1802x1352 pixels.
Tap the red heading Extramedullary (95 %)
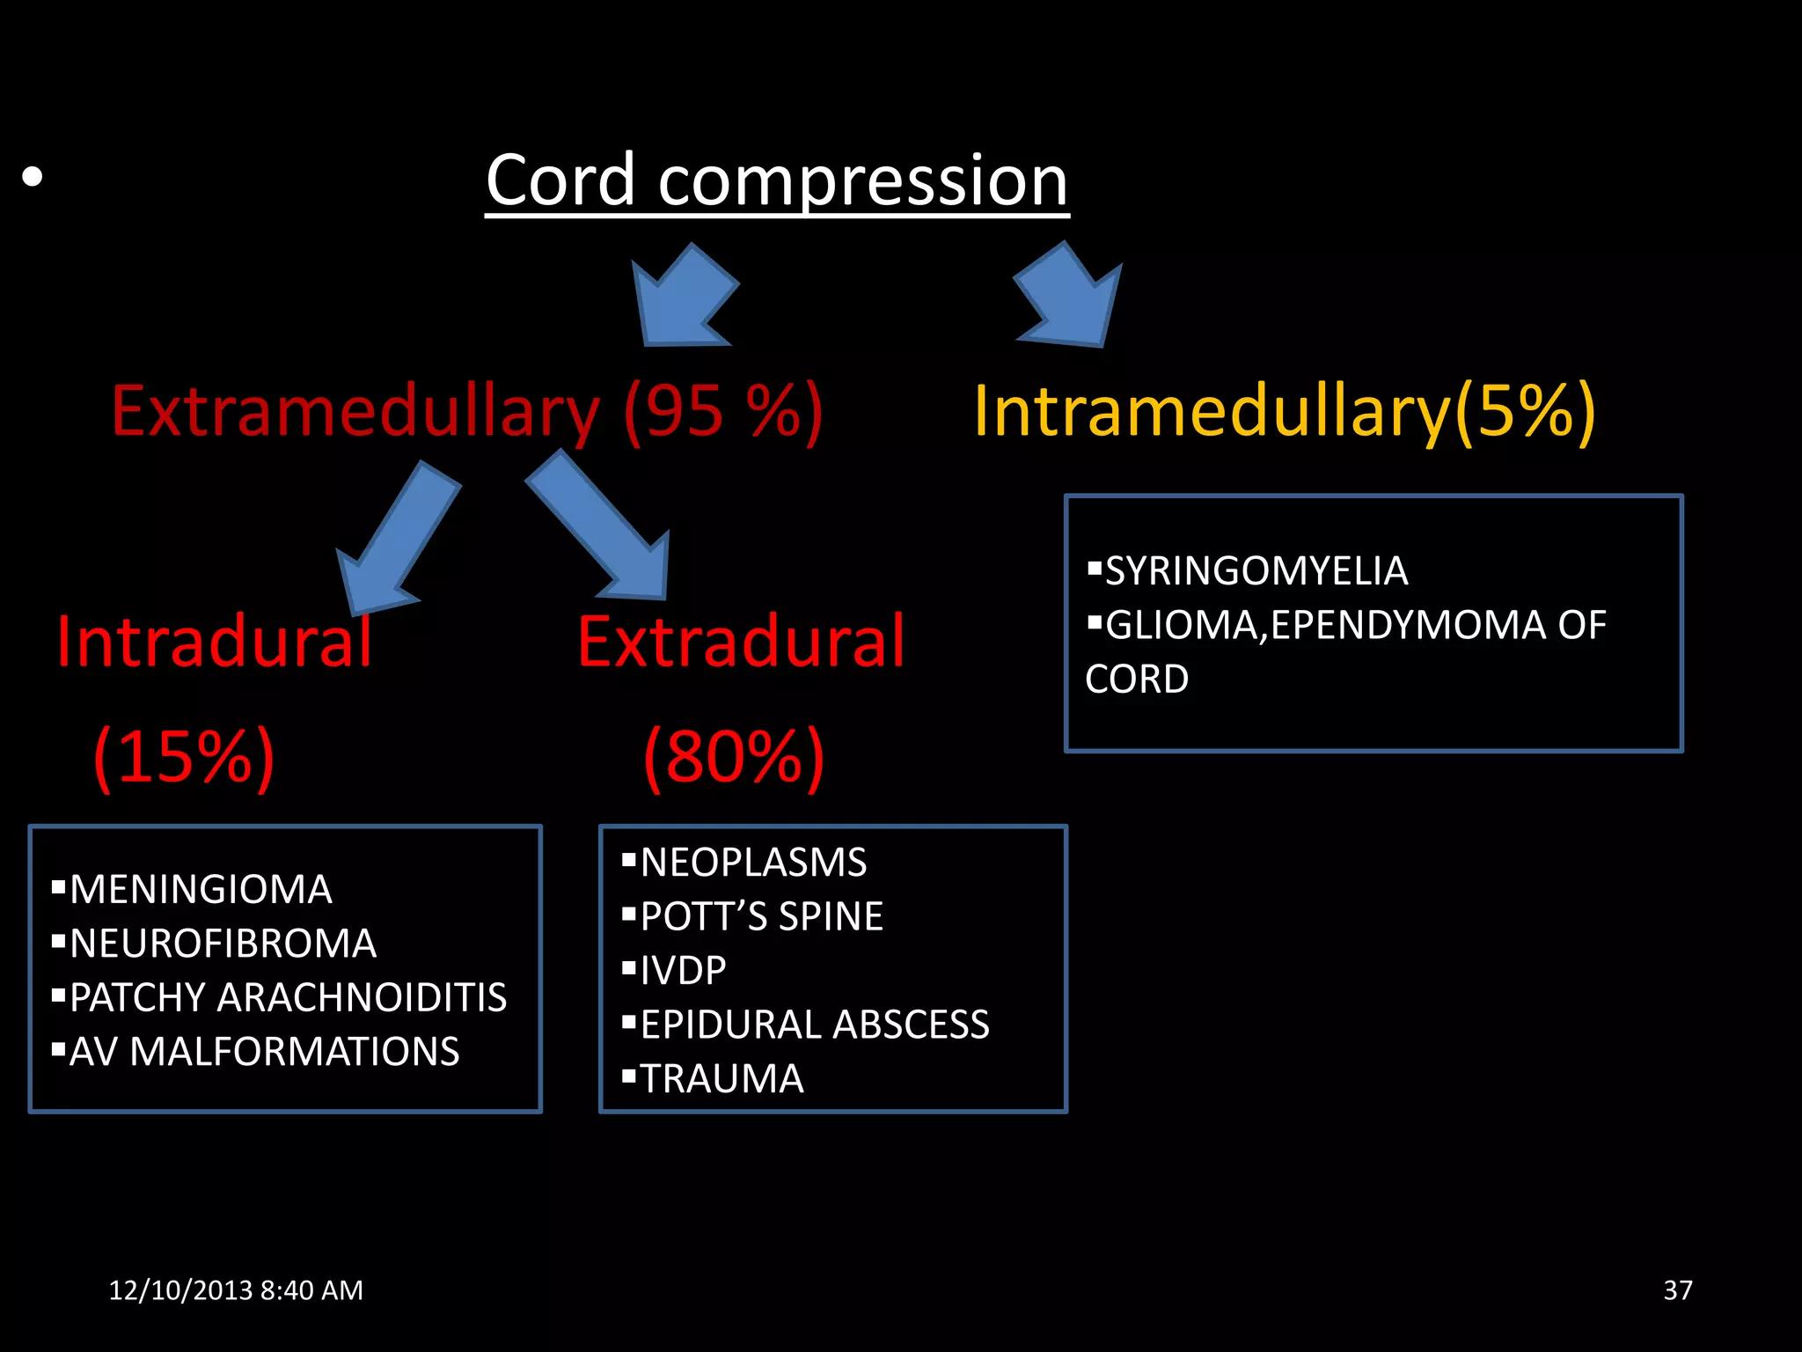tap(466, 411)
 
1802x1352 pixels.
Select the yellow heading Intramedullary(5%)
tap(1284, 411)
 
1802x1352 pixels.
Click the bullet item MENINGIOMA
tap(201, 890)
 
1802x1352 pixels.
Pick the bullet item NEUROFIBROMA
tap(223, 944)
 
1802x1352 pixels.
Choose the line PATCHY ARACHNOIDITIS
tap(288, 998)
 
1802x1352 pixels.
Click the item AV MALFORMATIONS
tap(264, 1052)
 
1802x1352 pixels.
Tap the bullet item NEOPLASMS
tap(753, 863)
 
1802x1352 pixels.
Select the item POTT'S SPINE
tap(761, 917)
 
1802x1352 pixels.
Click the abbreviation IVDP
tap(683, 971)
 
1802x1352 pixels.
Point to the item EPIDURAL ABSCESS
tap(815, 1025)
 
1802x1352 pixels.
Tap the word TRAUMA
tap(722, 1079)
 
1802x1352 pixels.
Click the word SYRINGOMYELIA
tap(1256, 571)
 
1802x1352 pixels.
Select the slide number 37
tap(1677, 1290)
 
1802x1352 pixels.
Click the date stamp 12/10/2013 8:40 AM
tap(236, 1290)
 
